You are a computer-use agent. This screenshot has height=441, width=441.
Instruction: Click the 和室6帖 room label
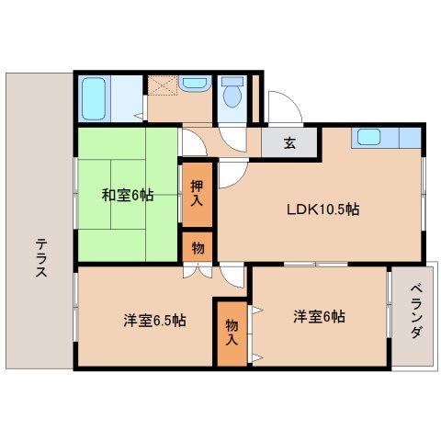click(x=128, y=195)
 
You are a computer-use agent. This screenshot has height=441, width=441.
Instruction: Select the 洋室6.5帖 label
click(x=155, y=321)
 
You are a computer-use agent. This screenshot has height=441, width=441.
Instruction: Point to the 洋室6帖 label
click(x=319, y=317)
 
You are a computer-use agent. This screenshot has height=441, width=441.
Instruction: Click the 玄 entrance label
click(x=288, y=142)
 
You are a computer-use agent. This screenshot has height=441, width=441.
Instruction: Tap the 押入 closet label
click(x=198, y=193)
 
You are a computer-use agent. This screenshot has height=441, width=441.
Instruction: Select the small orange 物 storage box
click(x=198, y=246)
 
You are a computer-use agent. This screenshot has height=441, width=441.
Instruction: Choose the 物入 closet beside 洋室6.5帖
click(x=231, y=331)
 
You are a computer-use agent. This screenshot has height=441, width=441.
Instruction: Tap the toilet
click(x=233, y=93)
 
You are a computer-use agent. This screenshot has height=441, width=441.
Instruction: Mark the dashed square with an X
click(x=162, y=85)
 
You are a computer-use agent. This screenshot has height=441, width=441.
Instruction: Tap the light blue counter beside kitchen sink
click(x=409, y=139)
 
